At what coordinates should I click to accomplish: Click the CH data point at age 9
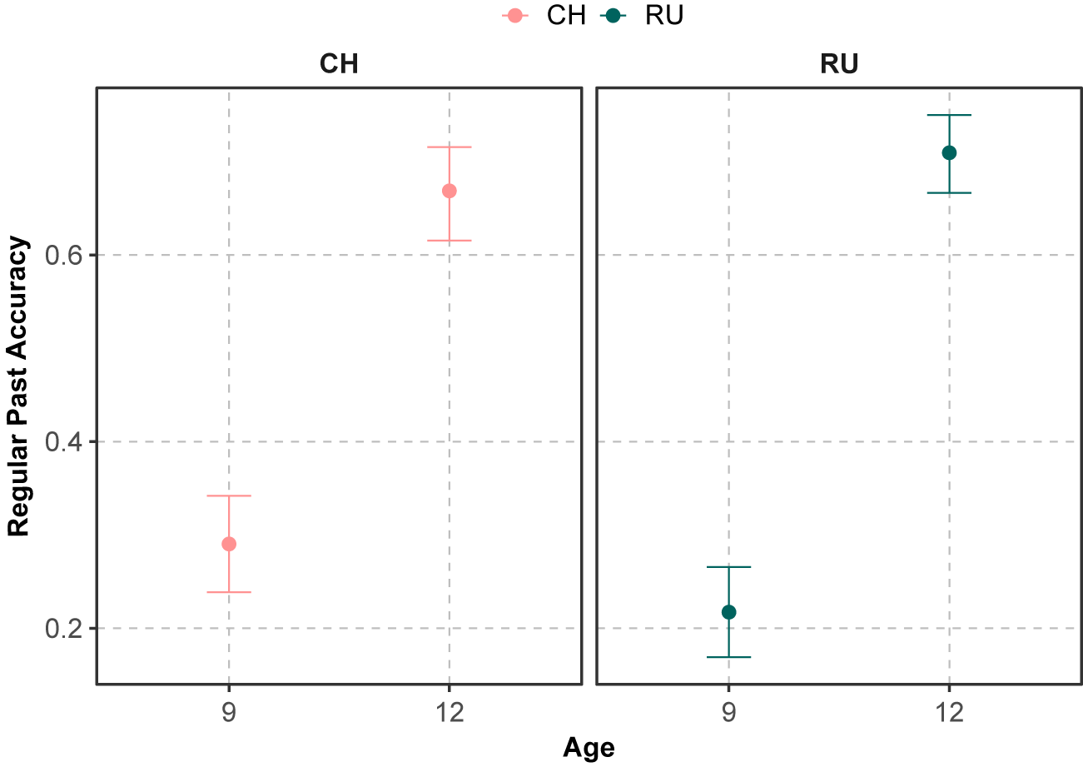tap(229, 544)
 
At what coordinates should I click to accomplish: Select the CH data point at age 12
tap(450, 191)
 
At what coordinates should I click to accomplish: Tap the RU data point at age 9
tap(728, 612)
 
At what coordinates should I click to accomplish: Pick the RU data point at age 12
tap(949, 153)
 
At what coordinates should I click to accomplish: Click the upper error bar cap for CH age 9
tap(229, 496)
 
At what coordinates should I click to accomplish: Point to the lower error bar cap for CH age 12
tap(450, 241)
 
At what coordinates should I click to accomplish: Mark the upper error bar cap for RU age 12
tap(949, 115)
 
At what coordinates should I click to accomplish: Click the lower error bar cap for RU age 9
tap(728, 657)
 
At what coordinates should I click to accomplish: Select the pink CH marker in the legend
tap(515, 16)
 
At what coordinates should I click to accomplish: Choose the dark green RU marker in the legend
tap(613, 16)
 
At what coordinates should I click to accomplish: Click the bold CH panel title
tap(339, 63)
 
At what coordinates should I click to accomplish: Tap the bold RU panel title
tap(839, 63)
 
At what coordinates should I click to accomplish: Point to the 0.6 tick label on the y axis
tap(64, 255)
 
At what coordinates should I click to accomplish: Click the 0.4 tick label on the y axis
tap(64, 441)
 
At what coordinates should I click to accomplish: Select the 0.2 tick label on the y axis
tap(64, 628)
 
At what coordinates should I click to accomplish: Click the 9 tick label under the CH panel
tap(229, 712)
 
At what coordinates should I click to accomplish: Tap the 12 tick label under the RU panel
tap(949, 712)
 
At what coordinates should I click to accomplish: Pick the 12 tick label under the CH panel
tap(450, 712)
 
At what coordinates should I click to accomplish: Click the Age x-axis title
tap(589, 749)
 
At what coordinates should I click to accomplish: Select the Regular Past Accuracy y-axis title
tap(18, 386)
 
